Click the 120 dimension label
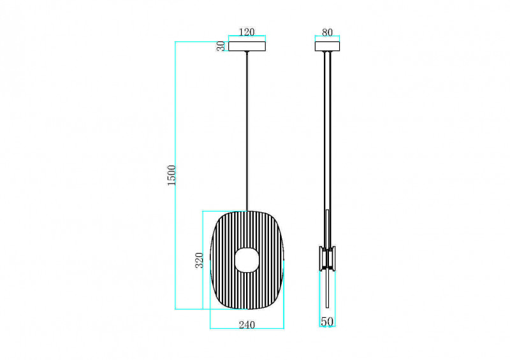[x=247, y=32]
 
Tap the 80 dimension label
[x=327, y=32]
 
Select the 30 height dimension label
[x=221, y=46]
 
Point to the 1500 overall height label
[x=171, y=175]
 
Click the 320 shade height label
[x=199, y=260]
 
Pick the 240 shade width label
[x=247, y=324]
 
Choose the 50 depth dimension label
[x=327, y=322]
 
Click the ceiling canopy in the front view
[x=247, y=46]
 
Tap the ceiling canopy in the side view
[x=327, y=46]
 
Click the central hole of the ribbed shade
[x=247, y=260]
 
